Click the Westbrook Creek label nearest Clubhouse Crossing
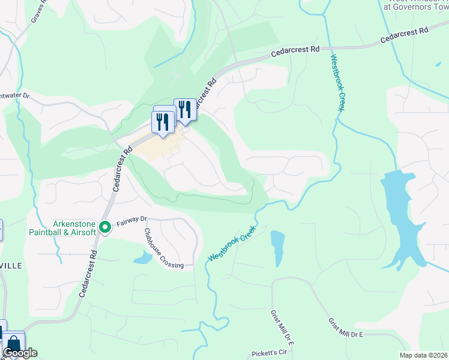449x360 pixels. pyautogui.click(x=232, y=243)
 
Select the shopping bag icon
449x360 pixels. pyautogui.click(x=13, y=344)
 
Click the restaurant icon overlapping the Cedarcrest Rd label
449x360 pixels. pyautogui.click(x=185, y=110)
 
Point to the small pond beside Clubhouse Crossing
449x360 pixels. pyautogui.click(x=142, y=258)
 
